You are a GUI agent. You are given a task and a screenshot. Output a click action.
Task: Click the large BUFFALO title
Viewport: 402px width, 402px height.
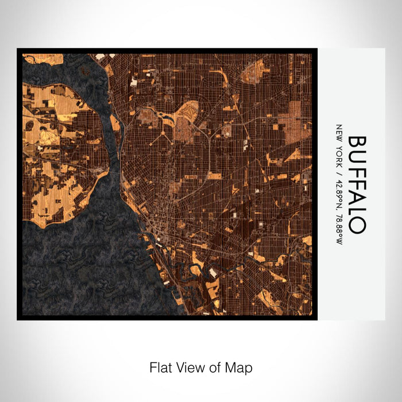click(356, 184)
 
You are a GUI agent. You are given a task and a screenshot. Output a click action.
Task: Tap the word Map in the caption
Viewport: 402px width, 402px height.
click(241, 367)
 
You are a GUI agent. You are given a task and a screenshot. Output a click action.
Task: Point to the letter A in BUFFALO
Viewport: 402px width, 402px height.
click(356, 198)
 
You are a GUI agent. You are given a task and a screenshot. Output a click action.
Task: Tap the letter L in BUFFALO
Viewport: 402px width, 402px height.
click(356, 212)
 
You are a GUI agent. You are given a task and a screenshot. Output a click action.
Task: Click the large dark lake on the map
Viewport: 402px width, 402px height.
click(86, 264)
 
